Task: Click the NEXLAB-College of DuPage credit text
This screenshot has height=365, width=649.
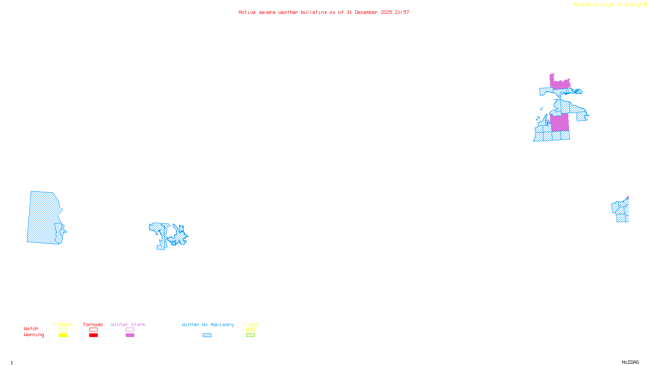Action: click(608, 5)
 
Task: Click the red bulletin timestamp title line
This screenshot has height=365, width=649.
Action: click(324, 12)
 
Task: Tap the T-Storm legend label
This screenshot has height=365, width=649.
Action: click(62, 324)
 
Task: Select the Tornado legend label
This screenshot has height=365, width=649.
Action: click(93, 324)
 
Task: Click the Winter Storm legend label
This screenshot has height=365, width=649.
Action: click(128, 324)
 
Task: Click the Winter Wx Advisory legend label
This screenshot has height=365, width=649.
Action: click(208, 324)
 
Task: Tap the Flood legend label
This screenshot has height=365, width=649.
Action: click(250, 324)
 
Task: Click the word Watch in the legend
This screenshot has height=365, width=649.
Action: click(31, 328)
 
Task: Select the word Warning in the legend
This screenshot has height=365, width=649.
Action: click(34, 335)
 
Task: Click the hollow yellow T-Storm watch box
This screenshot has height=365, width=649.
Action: click(63, 330)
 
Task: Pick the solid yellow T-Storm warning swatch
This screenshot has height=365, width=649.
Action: click(63, 335)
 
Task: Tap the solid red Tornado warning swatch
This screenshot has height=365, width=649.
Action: click(93, 335)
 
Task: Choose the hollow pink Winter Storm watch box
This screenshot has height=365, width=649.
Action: click(130, 330)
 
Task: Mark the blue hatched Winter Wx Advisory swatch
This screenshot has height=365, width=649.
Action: click(207, 335)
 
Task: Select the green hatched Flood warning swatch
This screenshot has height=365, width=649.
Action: click(250, 335)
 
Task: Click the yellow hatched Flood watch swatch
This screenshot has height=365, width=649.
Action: click(250, 330)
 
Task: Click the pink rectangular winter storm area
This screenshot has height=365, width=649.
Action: click(560, 122)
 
